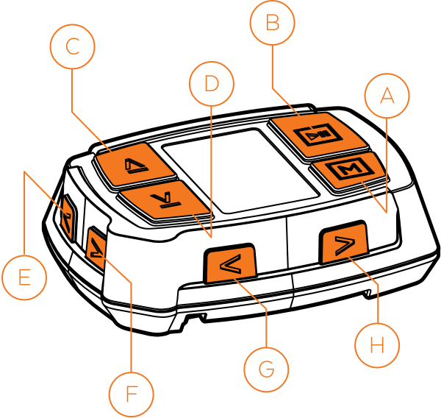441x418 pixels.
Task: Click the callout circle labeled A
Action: [x=387, y=95]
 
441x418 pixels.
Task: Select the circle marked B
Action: [x=273, y=24]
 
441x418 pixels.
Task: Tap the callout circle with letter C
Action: [x=72, y=47]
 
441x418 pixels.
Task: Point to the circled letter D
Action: [x=212, y=84]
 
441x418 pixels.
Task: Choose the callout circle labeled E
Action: [x=24, y=277]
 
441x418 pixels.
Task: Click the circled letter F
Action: [x=132, y=394]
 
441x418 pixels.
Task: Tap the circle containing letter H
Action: [x=377, y=345]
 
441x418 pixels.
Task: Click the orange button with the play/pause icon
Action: [x=318, y=133]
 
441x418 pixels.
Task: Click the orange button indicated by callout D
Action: [x=165, y=199]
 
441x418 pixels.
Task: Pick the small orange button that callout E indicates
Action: [x=67, y=217]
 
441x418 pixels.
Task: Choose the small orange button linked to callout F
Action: [x=96, y=248]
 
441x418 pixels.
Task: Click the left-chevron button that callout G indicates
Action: [x=231, y=263]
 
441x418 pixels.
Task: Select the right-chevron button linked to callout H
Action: [x=344, y=243]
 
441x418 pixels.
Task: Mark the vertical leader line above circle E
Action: [x=24, y=213]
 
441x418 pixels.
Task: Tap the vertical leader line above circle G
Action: [x=266, y=327]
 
